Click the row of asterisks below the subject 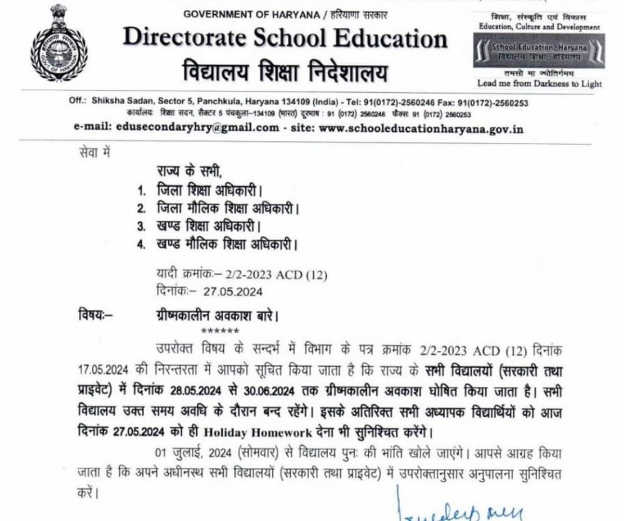click(x=219, y=330)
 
